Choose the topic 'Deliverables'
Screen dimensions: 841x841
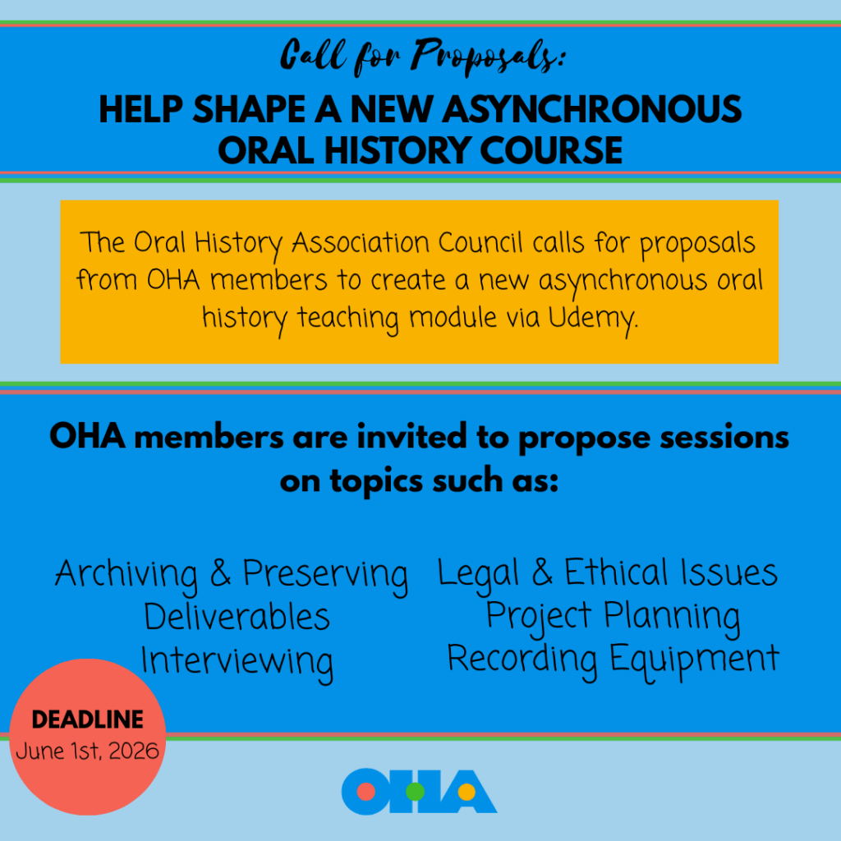237,617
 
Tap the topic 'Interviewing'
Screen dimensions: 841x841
237,660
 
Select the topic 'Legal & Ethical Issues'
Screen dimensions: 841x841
608,573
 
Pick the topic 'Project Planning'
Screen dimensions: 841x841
613,616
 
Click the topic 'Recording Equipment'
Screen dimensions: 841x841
613,659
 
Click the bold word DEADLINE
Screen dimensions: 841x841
88,721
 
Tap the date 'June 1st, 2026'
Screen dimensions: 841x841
88,751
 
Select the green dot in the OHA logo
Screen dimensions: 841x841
416,793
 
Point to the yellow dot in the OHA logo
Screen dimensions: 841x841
465,793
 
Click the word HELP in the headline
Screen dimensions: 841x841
140,109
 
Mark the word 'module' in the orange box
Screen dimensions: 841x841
449,318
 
